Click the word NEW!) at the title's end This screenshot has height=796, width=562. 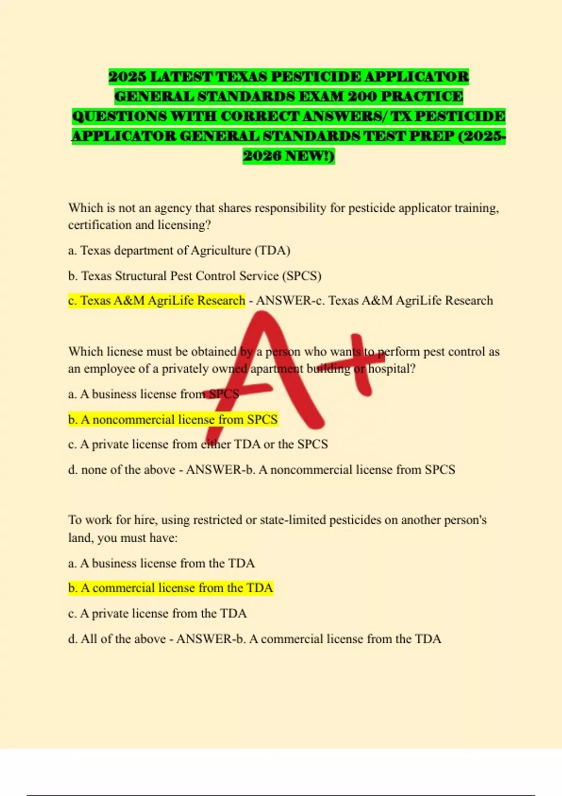[x=310, y=155]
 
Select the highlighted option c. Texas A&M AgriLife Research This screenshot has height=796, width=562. [x=157, y=300]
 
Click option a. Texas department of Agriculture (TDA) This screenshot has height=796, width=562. [x=179, y=251]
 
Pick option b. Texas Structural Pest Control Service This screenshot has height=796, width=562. [x=194, y=276]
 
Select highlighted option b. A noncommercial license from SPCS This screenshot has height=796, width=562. [x=173, y=419]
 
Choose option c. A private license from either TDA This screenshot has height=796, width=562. [x=198, y=444]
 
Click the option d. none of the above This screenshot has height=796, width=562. [x=122, y=470]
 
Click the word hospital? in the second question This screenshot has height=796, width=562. [x=392, y=369]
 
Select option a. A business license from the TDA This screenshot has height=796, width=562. [x=161, y=563]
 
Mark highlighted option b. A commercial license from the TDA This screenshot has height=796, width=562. [x=170, y=588]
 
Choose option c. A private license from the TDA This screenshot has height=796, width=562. [x=157, y=613]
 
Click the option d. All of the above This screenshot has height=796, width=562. [x=117, y=639]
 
